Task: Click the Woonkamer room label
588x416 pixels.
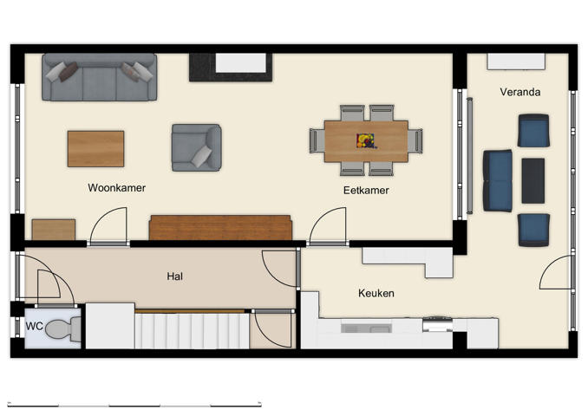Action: (x=116, y=187)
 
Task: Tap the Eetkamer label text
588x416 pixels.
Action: (x=365, y=190)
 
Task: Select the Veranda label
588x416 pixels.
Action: (x=519, y=91)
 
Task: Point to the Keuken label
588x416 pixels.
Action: (x=376, y=293)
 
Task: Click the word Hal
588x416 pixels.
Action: (x=175, y=276)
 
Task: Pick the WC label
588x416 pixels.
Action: (x=35, y=326)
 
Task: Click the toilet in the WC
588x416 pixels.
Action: (x=62, y=329)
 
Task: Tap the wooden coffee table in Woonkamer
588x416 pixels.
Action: (x=95, y=148)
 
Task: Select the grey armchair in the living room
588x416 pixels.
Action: (x=196, y=147)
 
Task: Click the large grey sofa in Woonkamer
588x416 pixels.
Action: (x=99, y=77)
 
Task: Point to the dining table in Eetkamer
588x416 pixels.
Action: (x=366, y=140)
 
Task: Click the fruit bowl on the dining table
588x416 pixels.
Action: (x=366, y=140)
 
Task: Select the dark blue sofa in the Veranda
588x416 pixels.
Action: (x=497, y=180)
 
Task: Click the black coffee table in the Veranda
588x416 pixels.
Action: (x=532, y=180)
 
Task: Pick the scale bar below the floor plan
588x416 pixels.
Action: (x=134, y=405)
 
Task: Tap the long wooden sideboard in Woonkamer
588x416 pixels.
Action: (x=220, y=228)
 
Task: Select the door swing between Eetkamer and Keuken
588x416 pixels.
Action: (x=327, y=227)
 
